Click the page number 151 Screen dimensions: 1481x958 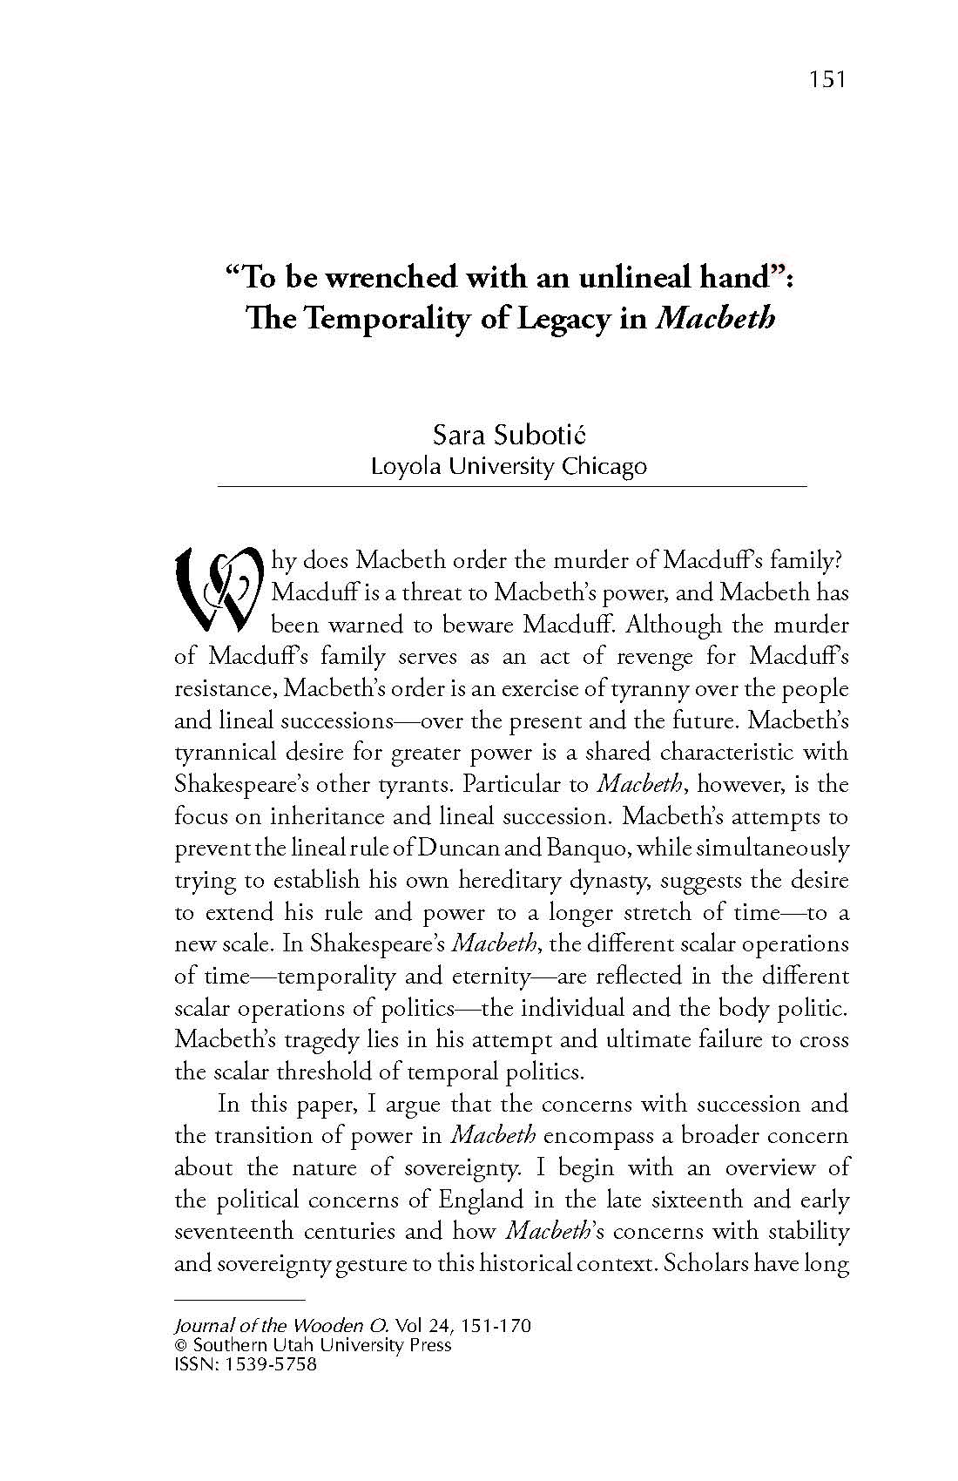[x=826, y=80]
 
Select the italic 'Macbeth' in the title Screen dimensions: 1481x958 [x=715, y=319]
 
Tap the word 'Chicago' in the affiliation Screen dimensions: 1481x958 [x=604, y=466]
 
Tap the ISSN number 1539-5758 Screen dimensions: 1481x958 [x=270, y=1364]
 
